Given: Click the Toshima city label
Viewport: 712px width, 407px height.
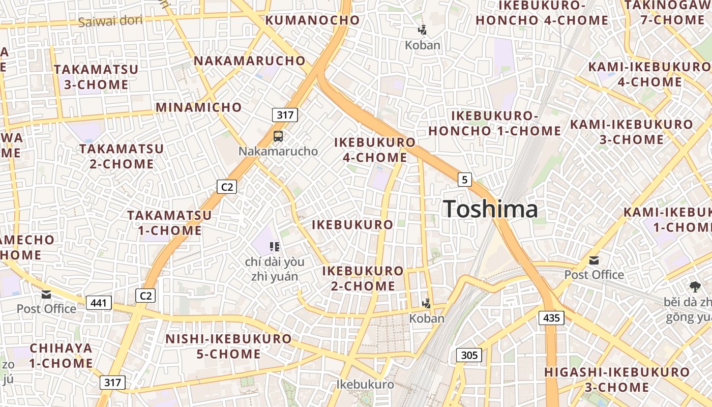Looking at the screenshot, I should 490,209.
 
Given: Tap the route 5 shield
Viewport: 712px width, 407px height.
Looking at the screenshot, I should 464,179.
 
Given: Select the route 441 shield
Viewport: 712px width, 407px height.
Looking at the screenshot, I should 99,303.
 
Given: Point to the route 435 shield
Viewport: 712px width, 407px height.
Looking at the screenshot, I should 551,318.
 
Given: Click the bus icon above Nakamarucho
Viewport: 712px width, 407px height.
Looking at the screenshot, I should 278,136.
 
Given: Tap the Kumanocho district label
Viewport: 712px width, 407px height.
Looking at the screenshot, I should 313,20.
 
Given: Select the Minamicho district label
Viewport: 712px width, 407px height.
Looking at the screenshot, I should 199,107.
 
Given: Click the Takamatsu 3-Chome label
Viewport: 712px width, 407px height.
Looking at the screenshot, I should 96,77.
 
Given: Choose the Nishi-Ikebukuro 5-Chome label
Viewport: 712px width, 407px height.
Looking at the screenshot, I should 228,346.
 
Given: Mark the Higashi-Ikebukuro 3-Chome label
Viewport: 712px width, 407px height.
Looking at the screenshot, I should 617,380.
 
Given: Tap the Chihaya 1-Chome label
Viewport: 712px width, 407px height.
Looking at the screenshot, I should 61,356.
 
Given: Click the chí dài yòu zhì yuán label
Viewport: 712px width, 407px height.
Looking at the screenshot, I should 275,269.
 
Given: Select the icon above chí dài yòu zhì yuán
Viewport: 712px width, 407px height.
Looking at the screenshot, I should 275,247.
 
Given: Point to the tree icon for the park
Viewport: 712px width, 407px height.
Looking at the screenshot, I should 695,286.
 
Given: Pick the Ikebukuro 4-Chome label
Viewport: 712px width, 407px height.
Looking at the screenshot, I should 375,150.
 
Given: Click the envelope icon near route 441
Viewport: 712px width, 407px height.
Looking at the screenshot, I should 46,295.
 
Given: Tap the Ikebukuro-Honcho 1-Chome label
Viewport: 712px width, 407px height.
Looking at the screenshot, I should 494,123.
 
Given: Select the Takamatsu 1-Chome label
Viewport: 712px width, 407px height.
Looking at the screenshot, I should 169,222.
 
